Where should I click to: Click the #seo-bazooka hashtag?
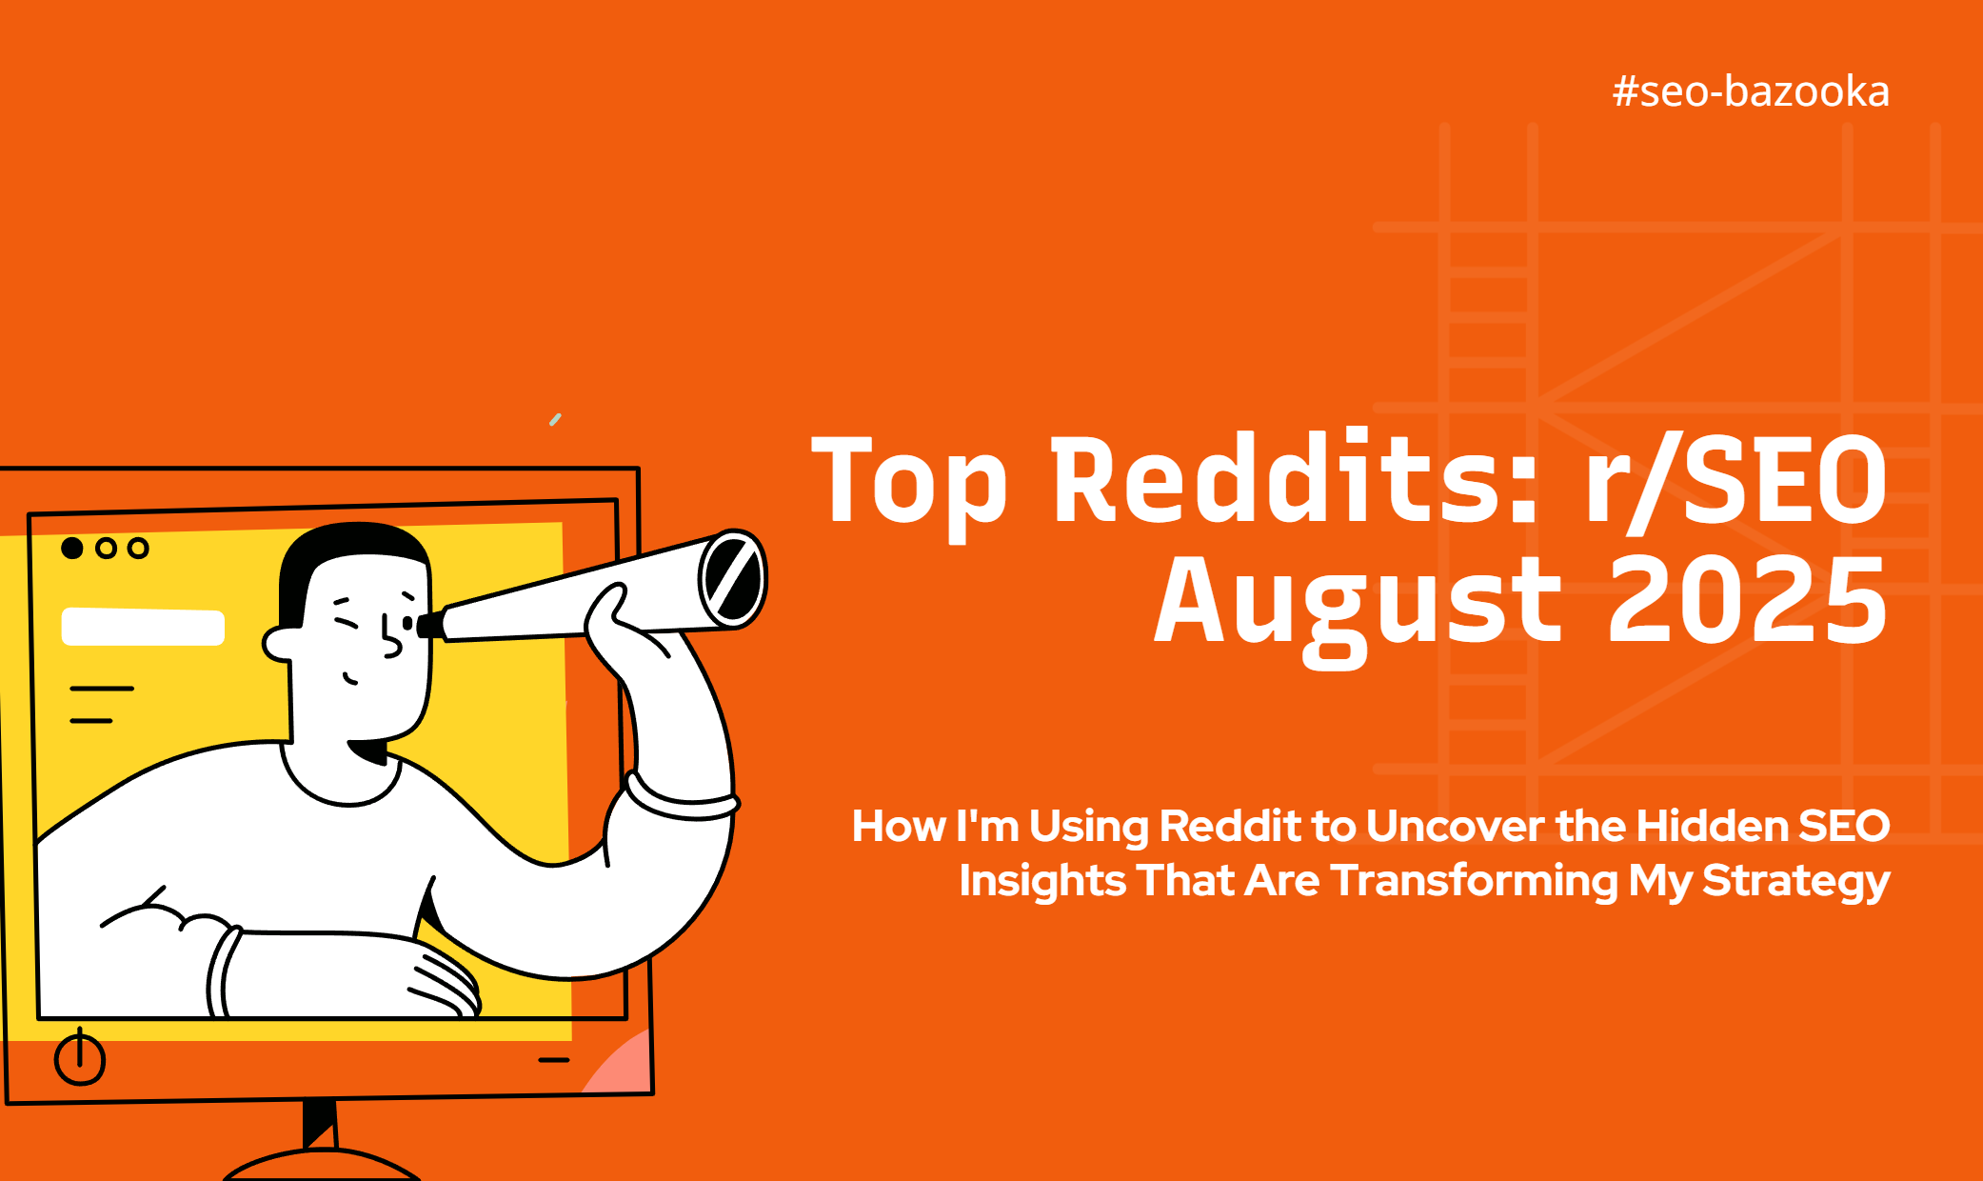pyautogui.click(x=1751, y=91)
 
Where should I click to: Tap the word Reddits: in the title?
pyautogui.click(x=1294, y=478)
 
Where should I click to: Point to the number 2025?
pyautogui.click(x=1748, y=600)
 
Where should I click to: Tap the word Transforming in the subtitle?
pyautogui.click(x=1474, y=881)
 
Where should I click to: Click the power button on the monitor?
pyautogui.click(x=80, y=1056)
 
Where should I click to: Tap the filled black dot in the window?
pyautogui.click(x=72, y=548)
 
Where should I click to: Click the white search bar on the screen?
pyautogui.click(x=143, y=627)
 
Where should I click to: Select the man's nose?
pyautogui.click(x=390, y=638)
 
